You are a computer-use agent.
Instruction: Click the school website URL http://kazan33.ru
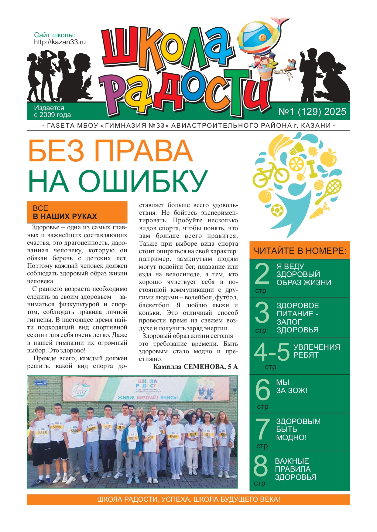[x=60, y=42]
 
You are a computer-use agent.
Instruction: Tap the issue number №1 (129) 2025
[x=312, y=112]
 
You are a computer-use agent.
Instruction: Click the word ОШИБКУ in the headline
[x=143, y=181]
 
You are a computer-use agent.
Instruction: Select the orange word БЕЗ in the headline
[x=56, y=151]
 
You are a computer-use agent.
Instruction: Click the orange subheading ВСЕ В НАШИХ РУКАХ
[x=77, y=212]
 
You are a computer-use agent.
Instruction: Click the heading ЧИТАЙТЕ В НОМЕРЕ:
[x=300, y=251]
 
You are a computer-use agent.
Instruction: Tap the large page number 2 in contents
[x=262, y=274]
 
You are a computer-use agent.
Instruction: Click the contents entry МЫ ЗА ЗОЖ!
[x=291, y=386]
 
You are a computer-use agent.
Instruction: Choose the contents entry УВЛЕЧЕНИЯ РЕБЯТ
[x=316, y=351]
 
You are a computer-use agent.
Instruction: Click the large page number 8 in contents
[x=261, y=466]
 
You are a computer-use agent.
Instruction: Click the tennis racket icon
[x=329, y=191]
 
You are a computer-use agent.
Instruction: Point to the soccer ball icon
[x=277, y=210]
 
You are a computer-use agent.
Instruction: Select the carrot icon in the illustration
[x=320, y=211]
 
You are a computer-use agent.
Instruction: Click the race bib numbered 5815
[x=42, y=433]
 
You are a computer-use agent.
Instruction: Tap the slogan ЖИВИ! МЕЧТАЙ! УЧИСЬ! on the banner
[x=147, y=398]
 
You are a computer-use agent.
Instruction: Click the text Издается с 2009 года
[x=52, y=111]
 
